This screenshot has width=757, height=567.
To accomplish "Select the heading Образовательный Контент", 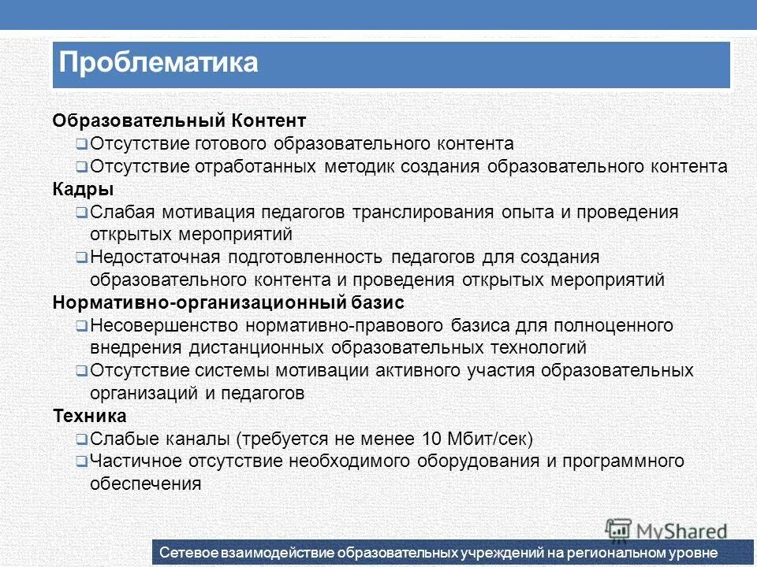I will [178, 121].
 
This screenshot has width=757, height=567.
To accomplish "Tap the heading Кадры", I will [83, 190].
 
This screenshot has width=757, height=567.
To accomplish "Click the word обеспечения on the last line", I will [145, 484].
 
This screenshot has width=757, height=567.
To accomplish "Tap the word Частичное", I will [132, 461].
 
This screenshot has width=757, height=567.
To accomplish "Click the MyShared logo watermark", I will [666, 529].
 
